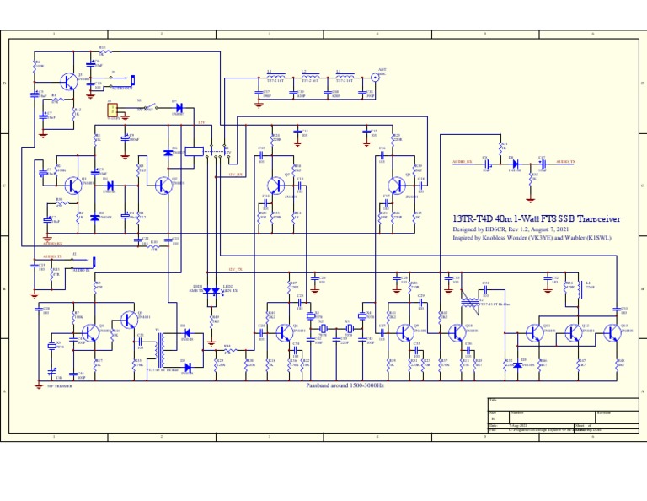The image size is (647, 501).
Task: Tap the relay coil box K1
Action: [x=193, y=151]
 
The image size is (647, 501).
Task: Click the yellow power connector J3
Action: [x=111, y=109]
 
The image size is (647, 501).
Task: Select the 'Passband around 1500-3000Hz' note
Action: [x=345, y=385]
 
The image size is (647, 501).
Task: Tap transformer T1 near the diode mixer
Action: [x=158, y=346]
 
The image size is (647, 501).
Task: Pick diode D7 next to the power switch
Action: [x=179, y=107]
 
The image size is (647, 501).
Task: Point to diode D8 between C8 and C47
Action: [x=515, y=163]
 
